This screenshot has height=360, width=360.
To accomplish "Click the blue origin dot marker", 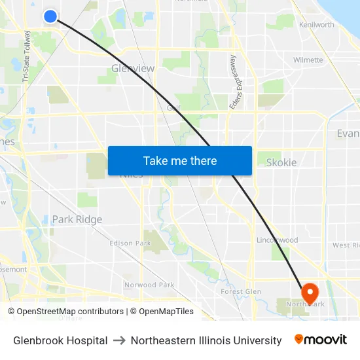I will [50, 16].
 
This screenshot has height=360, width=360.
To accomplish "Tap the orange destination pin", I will [309, 292].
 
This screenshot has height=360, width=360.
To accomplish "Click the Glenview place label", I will [133, 68].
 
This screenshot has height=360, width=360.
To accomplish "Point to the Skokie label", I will [281, 162].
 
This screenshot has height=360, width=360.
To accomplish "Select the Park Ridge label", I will [77, 219].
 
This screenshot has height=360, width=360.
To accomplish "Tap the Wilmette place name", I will [308, 60].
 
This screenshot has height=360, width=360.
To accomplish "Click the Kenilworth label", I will [316, 25].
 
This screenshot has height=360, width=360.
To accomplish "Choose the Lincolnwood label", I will [277, 240].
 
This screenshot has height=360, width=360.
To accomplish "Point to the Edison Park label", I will [130, 243].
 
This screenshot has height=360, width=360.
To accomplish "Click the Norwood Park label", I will [149, 285].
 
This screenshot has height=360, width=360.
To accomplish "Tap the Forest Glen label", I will [241, 291].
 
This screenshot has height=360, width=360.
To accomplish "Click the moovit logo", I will [321, 340].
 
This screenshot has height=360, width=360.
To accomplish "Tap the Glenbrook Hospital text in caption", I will [60, 340].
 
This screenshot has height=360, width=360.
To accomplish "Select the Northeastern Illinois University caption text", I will [206, 340].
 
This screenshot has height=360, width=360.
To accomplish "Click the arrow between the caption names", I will [119, 340].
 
